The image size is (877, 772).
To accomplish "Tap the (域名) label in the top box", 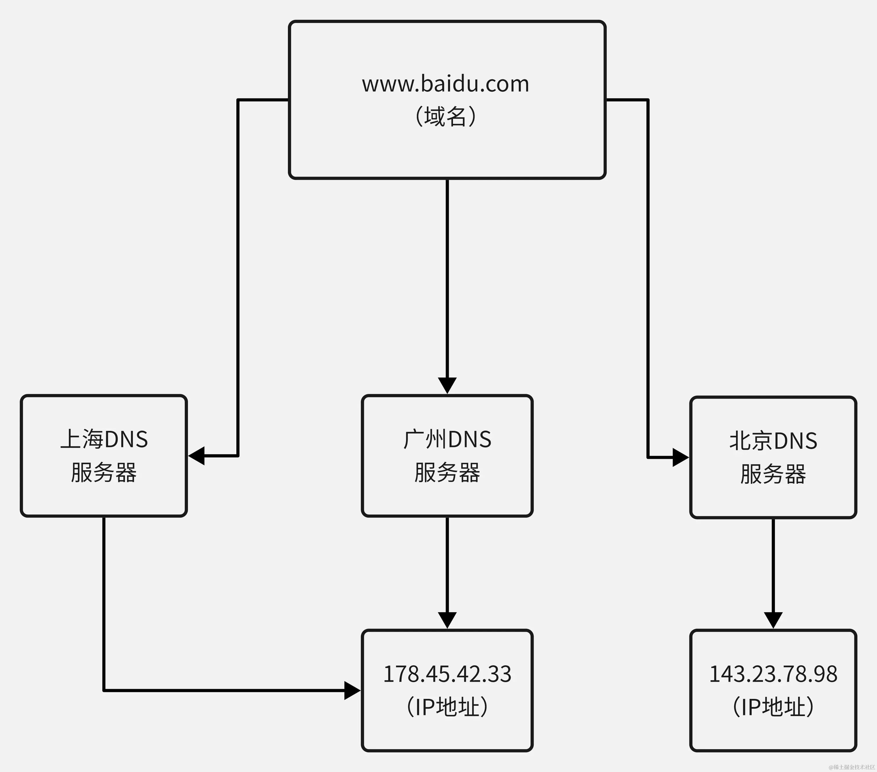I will tap(445, 116).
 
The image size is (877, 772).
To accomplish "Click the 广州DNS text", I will tap(447, 439).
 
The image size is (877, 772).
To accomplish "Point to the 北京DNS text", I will tap(773, 441).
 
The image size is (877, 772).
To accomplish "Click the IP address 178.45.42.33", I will tap(447, 674).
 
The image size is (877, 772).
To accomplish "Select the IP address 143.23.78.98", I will tap(773, 674).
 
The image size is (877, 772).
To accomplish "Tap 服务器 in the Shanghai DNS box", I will tap(104, 473).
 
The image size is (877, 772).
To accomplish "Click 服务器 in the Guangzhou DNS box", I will tap(447, 473).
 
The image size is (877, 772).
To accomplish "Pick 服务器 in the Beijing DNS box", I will tap(773, 474).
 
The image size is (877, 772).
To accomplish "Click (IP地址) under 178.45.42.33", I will tap(447, 706).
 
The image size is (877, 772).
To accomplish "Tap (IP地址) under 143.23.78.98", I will tap(773, 706).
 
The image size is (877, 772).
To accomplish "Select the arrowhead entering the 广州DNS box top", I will tap(447, 385).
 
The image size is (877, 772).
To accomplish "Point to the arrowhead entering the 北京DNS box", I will tap(680, 458).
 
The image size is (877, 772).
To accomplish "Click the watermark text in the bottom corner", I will tap(852, 767).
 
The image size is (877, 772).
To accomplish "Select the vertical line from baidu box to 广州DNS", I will tap(447, 279).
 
